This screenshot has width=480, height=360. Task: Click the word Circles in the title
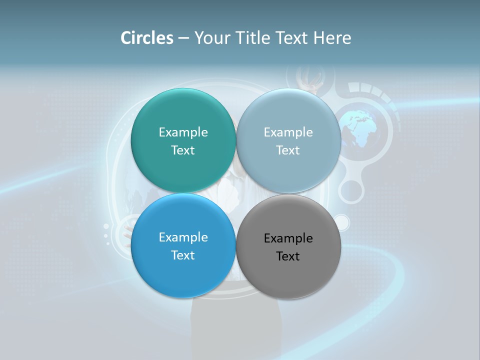(147, 38)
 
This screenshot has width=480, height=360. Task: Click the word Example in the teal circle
(183, 132)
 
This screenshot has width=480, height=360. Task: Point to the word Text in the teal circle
(183, 150)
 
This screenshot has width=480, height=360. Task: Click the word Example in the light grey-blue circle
(288, 132)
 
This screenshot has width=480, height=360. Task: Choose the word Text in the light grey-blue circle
(288, 150)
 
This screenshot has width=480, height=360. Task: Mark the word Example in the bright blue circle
(183, 237)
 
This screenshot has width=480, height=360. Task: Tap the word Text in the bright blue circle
(183, 255)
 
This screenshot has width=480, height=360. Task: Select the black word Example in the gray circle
(288, 238)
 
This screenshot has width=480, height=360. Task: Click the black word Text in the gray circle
(288, 256)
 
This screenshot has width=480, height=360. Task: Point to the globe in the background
(361, 128)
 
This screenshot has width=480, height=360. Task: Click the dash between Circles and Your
(183, 38)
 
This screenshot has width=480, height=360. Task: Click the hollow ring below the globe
(351, 191)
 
